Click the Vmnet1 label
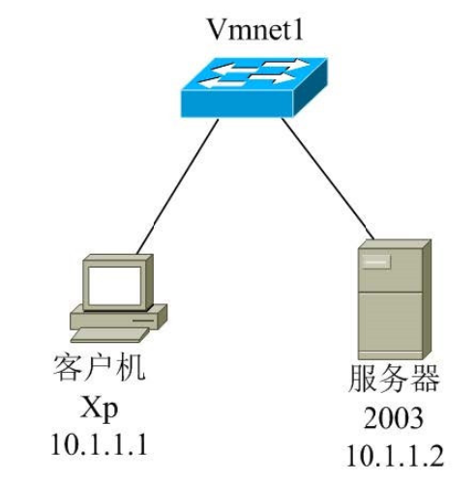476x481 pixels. point(254,29)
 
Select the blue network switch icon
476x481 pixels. point(253,86)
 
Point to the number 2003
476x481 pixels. point(394,418)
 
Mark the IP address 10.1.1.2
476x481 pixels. point(394,454)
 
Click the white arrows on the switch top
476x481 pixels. point(253,76)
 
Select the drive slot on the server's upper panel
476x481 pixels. point(376,259)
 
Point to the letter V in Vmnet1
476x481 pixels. point(216,29)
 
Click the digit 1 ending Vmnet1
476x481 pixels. point(297,29)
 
